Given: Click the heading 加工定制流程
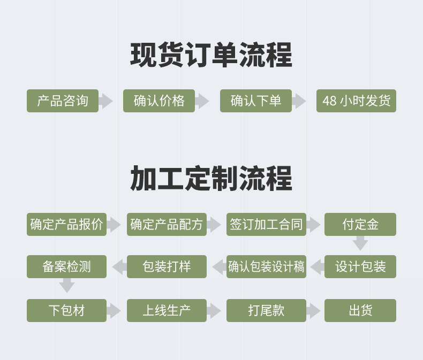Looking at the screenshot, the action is tap(211, 178).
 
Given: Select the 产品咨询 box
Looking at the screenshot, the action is tap(63, 101).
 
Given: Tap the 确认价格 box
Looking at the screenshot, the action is tap(159, 101).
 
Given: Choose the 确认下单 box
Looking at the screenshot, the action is tap(255, 101).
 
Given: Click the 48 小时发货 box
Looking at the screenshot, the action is tap(356, 101).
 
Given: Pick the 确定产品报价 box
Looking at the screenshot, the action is tap(66, 224).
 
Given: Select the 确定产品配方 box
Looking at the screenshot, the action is tap(167, 224).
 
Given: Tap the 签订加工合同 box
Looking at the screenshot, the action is tap(266, 224).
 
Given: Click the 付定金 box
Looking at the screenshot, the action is tap(360, 224).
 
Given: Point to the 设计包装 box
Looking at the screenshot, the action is tap(360, 266).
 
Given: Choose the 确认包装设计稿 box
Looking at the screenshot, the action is tap(266, 266).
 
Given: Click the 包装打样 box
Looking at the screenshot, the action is tap(167, 266).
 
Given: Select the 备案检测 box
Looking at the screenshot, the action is tap(66, 266).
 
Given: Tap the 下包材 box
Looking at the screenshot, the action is tap(66, 310).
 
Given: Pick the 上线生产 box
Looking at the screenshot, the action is tap(167, 310).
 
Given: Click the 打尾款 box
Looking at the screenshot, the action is tap(266, 310).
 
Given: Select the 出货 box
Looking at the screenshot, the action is tap(360, 310).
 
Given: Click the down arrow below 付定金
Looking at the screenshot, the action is tap(360, 244).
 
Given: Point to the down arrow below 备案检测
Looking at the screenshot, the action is tap(66, 285).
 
